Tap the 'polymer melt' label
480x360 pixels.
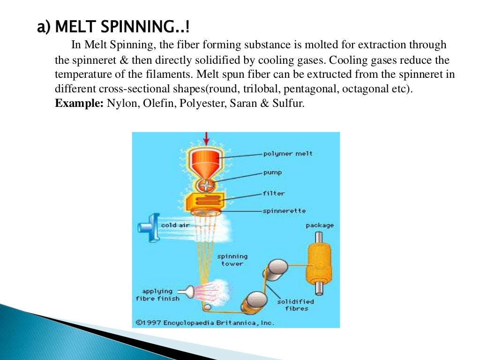pyautogui.click(x=287, y=153)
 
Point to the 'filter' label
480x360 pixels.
pyautogui.click(x=273, y=193)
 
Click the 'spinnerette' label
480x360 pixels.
pyautogui.click(x=284, y=211)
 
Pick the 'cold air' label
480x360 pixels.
pyautogui.click(x=175, y=225)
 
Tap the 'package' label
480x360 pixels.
pyautogui.click(x=320, y=225)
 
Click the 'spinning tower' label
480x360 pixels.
pyautogui.click(x=232, y=260)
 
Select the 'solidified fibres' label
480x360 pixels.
pyautogui.click(x=296, y=305)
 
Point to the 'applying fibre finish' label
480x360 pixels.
pyautogui.click(x=157, y=295)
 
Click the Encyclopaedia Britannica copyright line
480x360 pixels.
pyautogui.click(x=205, y=322)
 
